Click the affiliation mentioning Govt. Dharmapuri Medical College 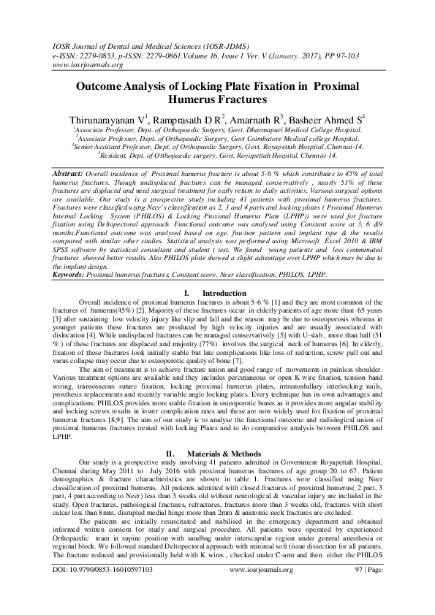point(216,128)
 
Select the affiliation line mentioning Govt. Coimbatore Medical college point(218,137)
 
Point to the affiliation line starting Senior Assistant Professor point(218,145)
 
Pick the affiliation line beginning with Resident point(218,155)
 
